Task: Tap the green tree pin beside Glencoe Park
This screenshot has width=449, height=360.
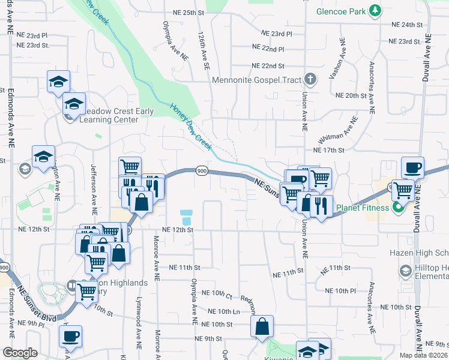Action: [375, 10]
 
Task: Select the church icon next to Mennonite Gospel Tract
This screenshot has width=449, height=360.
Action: [310, 79]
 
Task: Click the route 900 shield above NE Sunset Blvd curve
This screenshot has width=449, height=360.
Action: [201, 172]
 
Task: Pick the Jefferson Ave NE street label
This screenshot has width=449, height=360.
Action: [94, 190]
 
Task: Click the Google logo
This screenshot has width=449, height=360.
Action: [20, 353]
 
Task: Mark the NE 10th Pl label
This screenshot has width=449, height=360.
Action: [342, 290]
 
